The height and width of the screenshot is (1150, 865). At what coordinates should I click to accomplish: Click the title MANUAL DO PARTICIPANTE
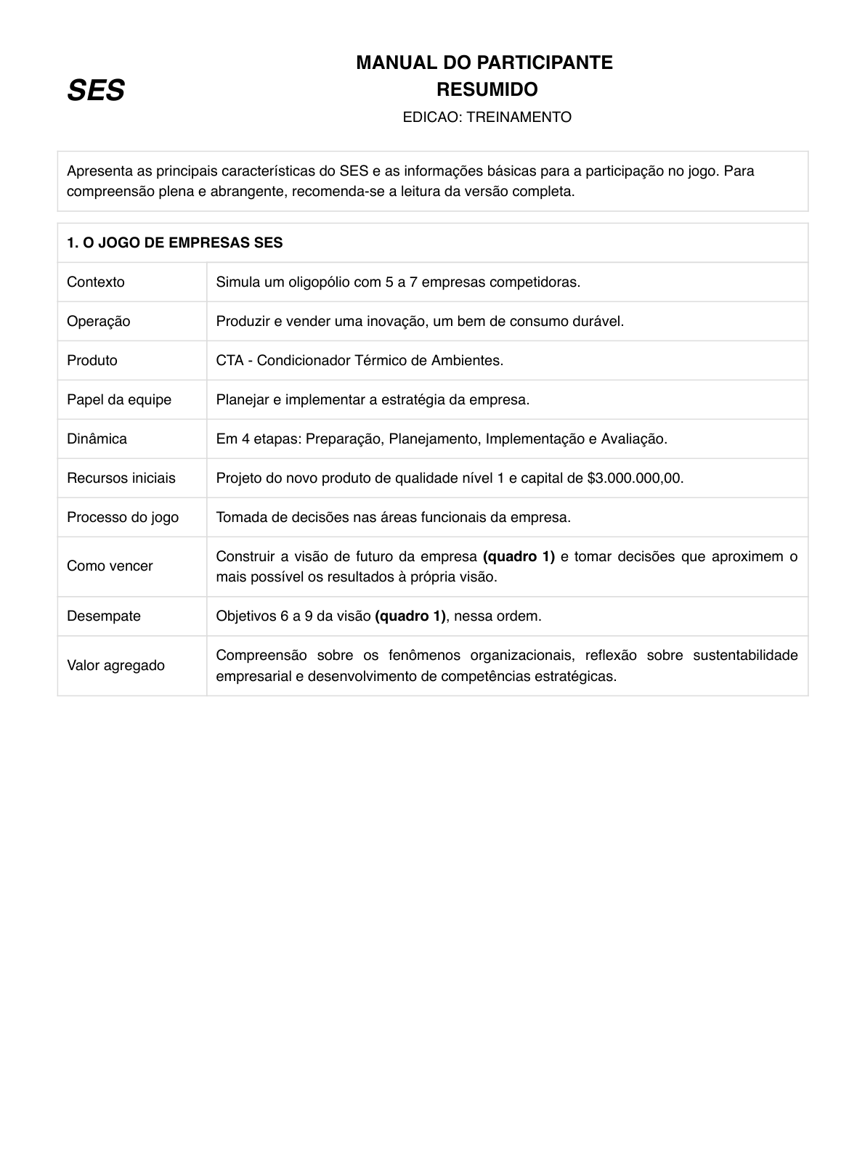pyautogui.click(x=484, y=62)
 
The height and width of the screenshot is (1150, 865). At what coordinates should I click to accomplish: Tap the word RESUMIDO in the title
pyautogui.click(x=487, y=90)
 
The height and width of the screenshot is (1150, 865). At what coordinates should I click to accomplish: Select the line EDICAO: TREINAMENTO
pyautogui.click(x=487, y=117)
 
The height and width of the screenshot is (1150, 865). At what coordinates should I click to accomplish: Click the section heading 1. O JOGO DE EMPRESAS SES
pyautogui.click(x=174, y=242)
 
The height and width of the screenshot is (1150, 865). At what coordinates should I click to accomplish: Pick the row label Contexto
pyautogui.click(x=96, y=282)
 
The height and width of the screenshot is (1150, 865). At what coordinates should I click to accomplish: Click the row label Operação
pyautogui.click(x=99, y=321)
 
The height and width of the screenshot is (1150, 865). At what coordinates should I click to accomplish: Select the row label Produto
pyautogui.click(x=92, y=360)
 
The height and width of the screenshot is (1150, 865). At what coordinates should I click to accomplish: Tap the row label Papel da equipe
pyautogui.click(x=119, y=399)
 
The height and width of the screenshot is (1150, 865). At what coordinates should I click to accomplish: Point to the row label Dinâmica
pyautogui.click(x=97, y=439)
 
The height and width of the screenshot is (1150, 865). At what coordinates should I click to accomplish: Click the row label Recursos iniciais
pyautogui.click(x=121, y=478)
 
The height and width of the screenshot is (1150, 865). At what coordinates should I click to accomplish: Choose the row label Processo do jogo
pyautogui.click(x=123, y=517)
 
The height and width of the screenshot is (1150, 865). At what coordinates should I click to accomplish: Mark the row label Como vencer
pyautogui.click(x=110, y=566)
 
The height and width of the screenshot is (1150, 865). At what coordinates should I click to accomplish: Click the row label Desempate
pyautogui.click(x=104, y=616)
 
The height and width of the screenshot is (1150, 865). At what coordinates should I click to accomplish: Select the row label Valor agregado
pyautogui.click(x=115, y=665)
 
